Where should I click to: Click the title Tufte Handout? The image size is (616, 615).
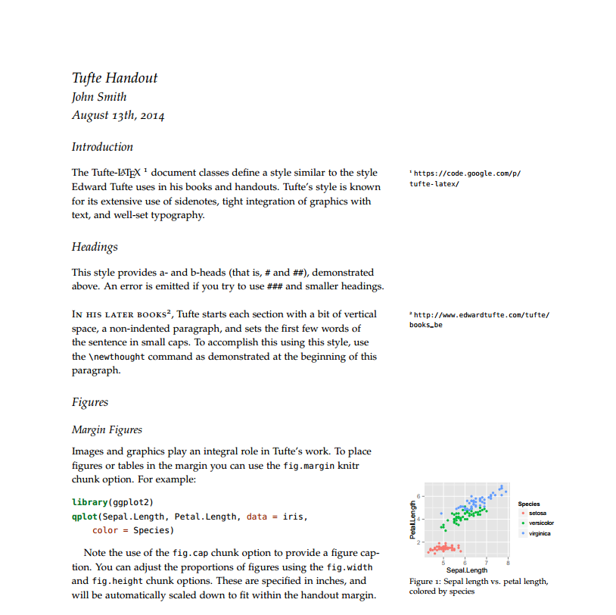[114, 77]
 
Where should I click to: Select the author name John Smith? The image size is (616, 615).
[99, 97]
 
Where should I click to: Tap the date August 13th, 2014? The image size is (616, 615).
[118, 116]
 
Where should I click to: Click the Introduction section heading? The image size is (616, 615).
[102, 147]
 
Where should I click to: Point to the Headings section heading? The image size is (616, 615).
[95, 247]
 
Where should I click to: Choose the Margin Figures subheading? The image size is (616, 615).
[107, 429]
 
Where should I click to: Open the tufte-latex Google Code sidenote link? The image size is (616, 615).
[465, 178]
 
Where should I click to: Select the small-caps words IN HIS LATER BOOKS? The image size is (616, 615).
[119, 314]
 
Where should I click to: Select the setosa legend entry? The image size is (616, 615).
[537, 514]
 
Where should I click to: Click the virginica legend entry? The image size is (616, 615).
[540, 533]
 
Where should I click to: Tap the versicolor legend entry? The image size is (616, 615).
[541, 523]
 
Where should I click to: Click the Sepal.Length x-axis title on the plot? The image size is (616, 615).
[467, 570]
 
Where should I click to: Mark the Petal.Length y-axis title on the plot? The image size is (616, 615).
[413, 520]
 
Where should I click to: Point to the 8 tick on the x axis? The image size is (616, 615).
[508, 562]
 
